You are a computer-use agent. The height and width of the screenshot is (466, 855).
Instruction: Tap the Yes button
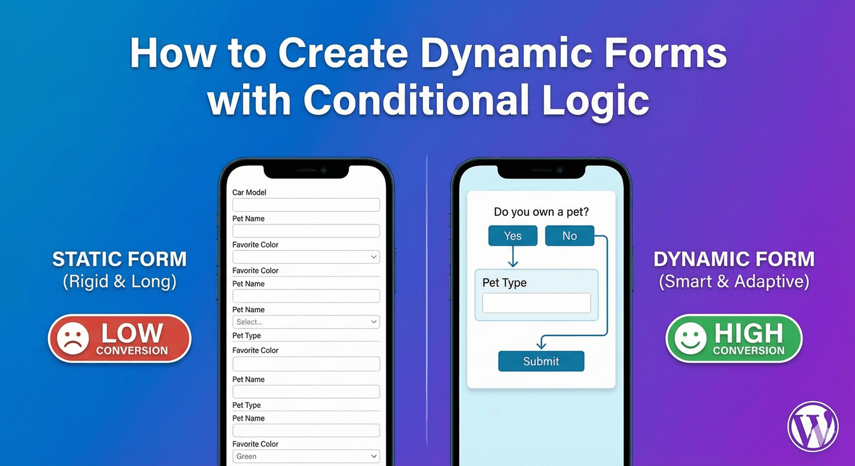(x=512, y=236)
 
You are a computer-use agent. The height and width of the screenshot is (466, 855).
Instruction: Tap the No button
(x=569, y=236)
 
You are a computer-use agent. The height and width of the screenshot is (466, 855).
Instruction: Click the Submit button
(x=541, y=361)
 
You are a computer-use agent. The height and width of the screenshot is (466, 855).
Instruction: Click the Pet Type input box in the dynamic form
(x=536, y=303)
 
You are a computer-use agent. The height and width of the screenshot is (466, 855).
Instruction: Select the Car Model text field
(x=306, y=205)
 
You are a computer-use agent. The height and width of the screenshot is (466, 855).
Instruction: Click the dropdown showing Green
(x=306, y=456)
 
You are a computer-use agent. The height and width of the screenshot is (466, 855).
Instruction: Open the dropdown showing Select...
(x=306, y=322)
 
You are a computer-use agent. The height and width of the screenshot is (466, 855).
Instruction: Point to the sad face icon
(x=72, y=338)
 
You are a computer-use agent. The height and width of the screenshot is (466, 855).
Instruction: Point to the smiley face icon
(x=690, y=338)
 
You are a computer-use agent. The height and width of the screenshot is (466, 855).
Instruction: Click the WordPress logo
(x=813, y=427)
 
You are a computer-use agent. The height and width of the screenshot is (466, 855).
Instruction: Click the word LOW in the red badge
(x=132, y=333)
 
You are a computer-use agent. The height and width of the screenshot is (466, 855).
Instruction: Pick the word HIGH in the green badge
(x=749, y=333)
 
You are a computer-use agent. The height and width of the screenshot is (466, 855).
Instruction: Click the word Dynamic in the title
(x=506, y=54)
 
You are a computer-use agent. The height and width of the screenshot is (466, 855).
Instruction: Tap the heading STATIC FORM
(x=119, y=259)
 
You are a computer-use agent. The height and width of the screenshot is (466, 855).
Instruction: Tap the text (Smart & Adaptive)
(x=734, y=281)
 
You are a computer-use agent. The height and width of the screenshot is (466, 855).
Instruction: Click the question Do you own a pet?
(x=541, y=212)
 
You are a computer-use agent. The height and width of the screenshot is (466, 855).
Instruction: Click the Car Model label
(x=249, y=193)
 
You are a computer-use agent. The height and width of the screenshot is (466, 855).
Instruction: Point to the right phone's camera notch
(x=541, y=170)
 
